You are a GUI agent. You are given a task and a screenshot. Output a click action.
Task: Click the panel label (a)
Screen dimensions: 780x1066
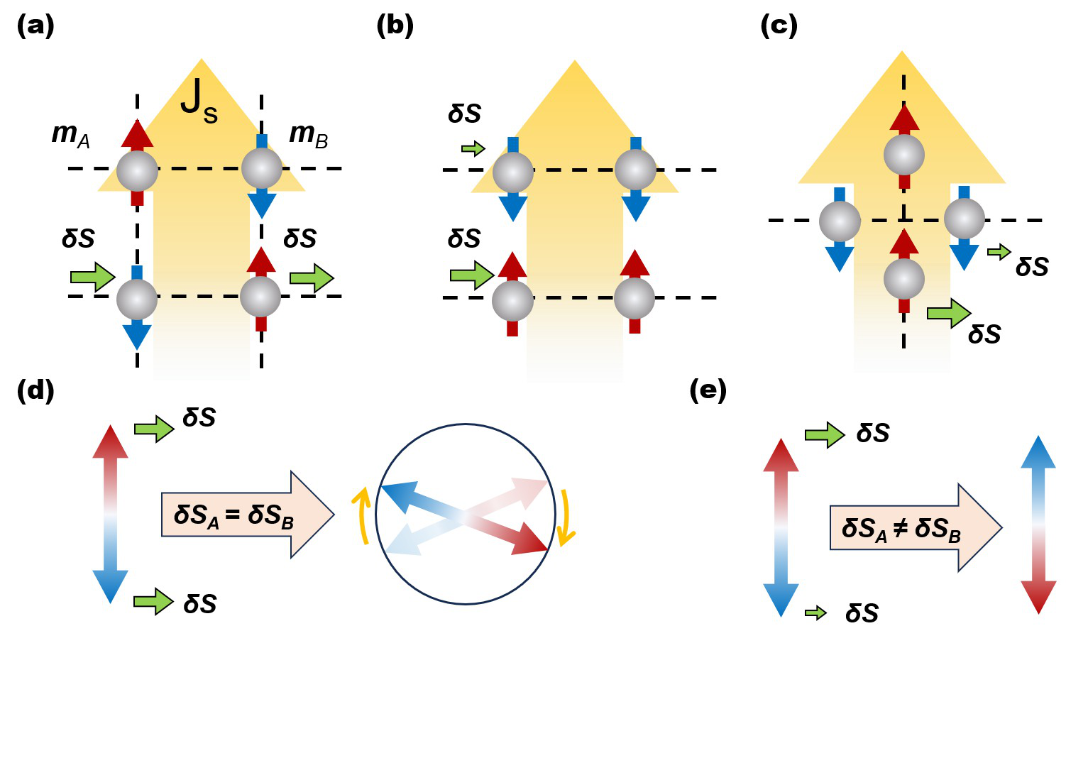point(35,26)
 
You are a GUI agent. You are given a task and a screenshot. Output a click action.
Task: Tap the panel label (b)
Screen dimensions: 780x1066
point(395,26)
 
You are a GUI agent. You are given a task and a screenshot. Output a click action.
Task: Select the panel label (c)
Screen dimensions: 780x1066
point(779,26)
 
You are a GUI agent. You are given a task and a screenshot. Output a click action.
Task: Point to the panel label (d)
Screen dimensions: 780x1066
point(35,390)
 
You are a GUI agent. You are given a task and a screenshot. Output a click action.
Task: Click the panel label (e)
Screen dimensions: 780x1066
point(708,390)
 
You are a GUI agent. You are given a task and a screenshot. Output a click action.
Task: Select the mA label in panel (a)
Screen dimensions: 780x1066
point(71,134)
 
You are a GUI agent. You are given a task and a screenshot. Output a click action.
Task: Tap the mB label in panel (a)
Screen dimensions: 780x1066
point(309,134)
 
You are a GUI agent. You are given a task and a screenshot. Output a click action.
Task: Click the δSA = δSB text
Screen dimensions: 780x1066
point(233,515)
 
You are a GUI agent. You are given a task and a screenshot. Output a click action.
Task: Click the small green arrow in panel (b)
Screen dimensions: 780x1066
point(473,148)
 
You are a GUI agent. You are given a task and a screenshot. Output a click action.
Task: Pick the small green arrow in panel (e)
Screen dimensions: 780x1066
point(816,613)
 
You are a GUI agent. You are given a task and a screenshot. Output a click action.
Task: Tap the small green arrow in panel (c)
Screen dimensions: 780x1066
point(999,251)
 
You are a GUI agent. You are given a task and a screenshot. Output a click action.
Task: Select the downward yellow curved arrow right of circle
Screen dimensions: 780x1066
point(566,518)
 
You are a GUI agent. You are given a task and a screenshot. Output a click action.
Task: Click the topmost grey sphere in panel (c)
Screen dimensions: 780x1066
point(904,155)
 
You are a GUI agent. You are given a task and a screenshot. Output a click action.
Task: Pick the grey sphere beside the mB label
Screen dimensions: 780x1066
point(262,168)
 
